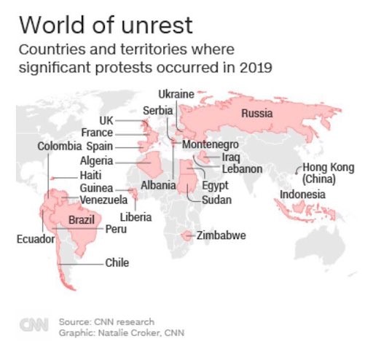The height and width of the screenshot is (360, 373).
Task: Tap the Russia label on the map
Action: click(256, 113)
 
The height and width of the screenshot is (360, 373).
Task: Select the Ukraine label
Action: click(176, 95)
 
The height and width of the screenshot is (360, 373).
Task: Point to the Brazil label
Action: click(79, 219)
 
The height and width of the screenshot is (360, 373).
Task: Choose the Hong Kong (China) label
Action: click(328, 173)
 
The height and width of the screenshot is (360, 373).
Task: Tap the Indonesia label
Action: click(303, 195)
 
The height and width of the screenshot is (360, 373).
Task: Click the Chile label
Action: click(117, 263)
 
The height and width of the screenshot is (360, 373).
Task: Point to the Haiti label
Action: click(93, 176)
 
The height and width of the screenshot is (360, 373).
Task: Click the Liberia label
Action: click(136, 216)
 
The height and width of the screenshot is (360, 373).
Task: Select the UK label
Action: click(106, 120)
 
